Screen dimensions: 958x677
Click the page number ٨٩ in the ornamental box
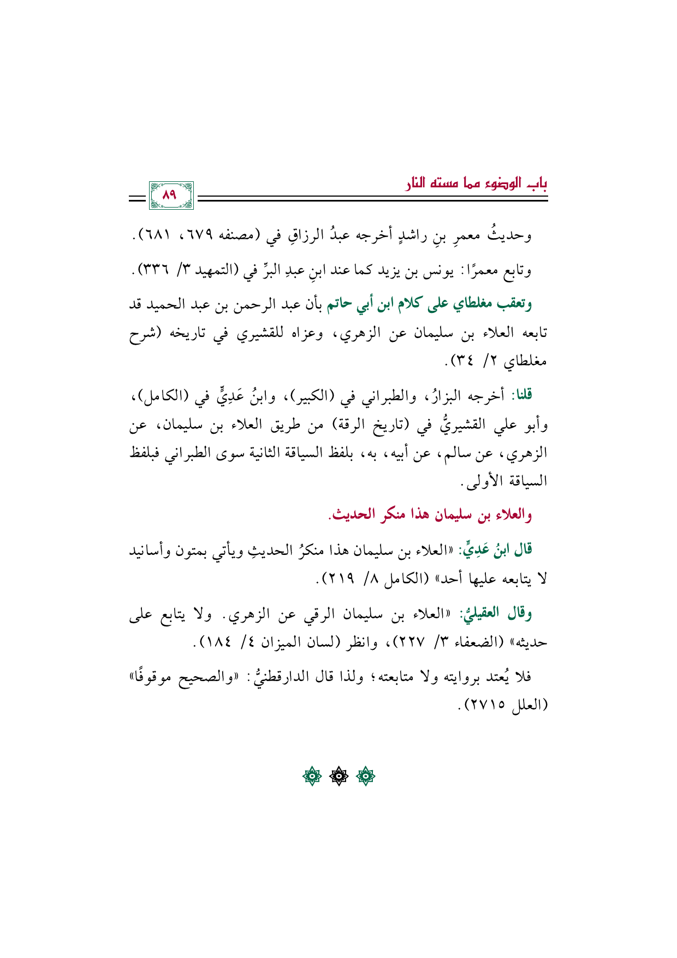(x=170, y=196)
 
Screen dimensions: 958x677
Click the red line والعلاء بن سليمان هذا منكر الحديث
(x=430, y=515)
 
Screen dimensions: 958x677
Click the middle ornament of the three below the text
(x=339, y=776)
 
